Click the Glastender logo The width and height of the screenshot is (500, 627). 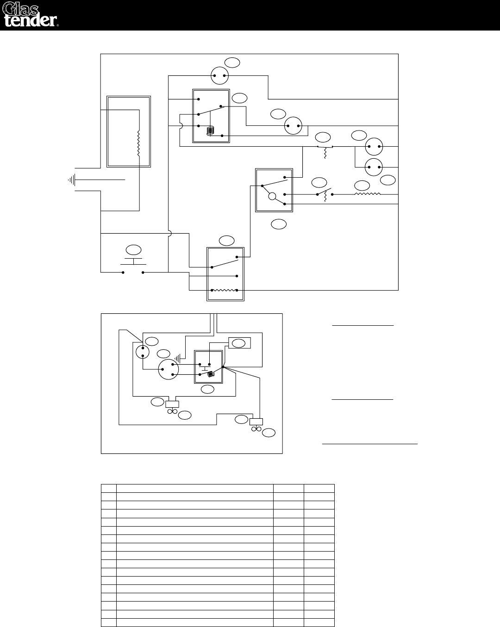(31, 15)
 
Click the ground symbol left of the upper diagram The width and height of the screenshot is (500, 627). (72, 179)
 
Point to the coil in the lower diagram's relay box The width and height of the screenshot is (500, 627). (211, 374)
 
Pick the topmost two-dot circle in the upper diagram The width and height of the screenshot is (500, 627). (219, 75)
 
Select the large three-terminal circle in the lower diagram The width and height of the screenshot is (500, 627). (168, 370)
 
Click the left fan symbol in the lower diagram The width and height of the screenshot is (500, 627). (173, 409)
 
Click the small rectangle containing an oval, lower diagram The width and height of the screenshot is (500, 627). (240, 343)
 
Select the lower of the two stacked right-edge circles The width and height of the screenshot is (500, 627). (375, 167)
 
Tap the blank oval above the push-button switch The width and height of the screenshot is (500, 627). (134, 250)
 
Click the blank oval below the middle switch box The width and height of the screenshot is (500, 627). (279, 224)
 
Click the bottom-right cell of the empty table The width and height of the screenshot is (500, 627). (319, 622)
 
